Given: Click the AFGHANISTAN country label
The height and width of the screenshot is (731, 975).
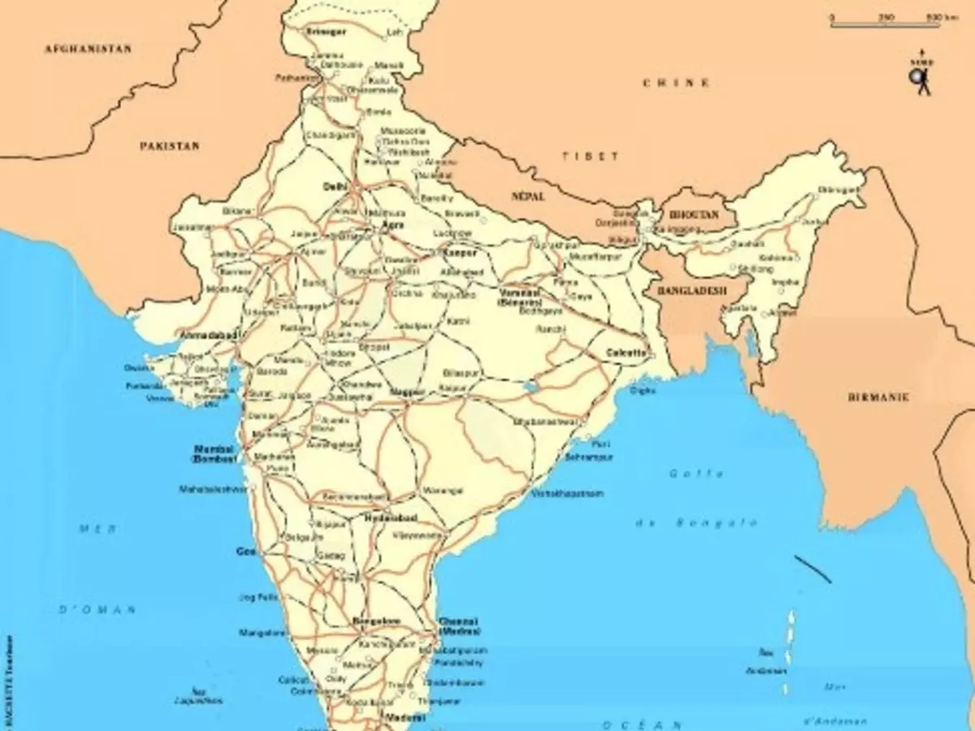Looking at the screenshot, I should [x=87, y=50].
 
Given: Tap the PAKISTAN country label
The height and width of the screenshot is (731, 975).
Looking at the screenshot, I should [x=169, y=146].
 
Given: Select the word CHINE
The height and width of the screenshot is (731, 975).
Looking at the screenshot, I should [x=676, y=83].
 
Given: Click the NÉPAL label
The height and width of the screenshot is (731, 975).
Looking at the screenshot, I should [x=529, y=197].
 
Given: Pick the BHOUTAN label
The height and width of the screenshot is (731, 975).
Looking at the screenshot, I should [x=695, y=215].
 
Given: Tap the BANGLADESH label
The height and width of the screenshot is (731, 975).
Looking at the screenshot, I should [x=692, y=291].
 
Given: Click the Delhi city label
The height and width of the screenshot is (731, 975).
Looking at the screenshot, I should [x=335, y=186].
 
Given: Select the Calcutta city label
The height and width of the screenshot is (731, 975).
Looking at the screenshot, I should [x=626, y=353].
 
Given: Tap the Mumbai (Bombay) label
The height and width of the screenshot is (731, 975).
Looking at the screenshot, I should [x=214, y=453].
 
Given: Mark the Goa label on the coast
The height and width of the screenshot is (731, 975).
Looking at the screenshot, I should [x=245, y=551].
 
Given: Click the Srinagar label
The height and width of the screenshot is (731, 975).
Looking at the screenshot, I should [x=326, y=32].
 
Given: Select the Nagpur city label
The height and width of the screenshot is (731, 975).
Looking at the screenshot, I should [x=408, y=392].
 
